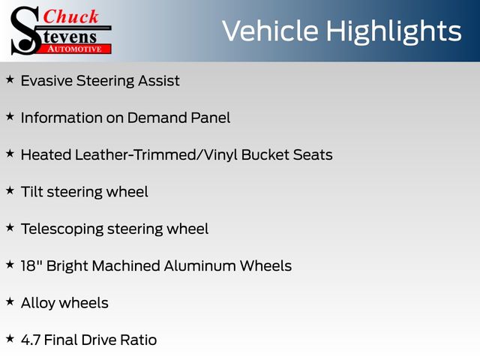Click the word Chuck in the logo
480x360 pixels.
pos(70,16)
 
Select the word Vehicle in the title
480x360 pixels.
pos(270,31)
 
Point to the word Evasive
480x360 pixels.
pos(46,81)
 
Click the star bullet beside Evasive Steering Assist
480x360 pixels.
pos(10,79)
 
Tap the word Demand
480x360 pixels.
pos(157,118)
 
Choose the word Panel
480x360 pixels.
pos(211,118)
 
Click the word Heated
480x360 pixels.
pos(46,155)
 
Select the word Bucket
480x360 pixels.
pos(265,155)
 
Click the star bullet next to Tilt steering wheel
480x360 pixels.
pos(10,190)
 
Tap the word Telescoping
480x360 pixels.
pos(62,229)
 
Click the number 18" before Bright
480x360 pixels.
pos(31,265)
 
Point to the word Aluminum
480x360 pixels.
pos(200,266)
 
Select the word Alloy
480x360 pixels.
pos(38,303)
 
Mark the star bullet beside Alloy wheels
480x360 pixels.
pos(10,301)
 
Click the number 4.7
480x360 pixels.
pos(31,340)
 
